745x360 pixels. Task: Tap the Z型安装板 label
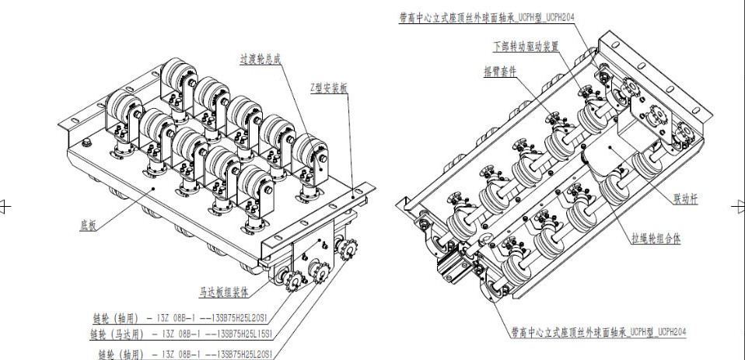329,89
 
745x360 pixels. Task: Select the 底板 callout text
89,224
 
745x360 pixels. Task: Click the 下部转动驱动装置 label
526,46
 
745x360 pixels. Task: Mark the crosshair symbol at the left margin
6,205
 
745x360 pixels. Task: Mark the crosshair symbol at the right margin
738,205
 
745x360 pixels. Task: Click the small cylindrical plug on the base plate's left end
86,143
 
